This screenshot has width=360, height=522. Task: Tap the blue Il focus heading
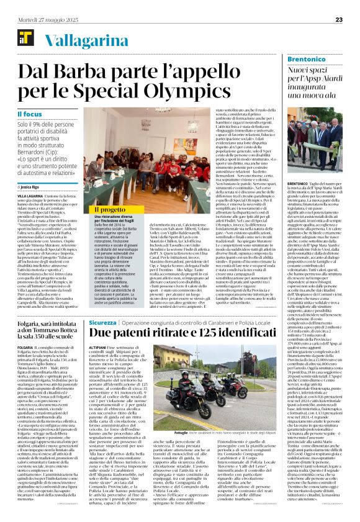(x=30, y=114)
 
